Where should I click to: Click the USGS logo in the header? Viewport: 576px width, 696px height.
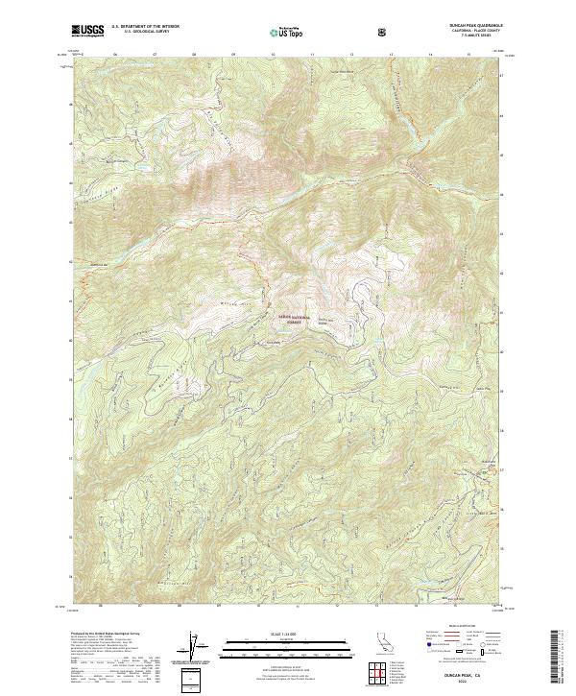pyautogui.click(x=87, y=32)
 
